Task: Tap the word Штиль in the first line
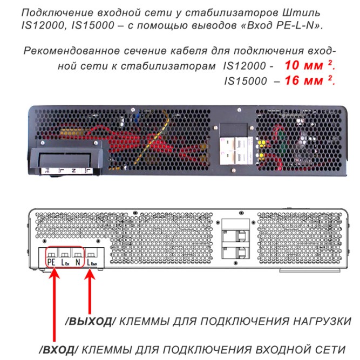tap(308, 12)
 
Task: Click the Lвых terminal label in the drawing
tap(92, 263)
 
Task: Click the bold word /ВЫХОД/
tap(90, 322)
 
